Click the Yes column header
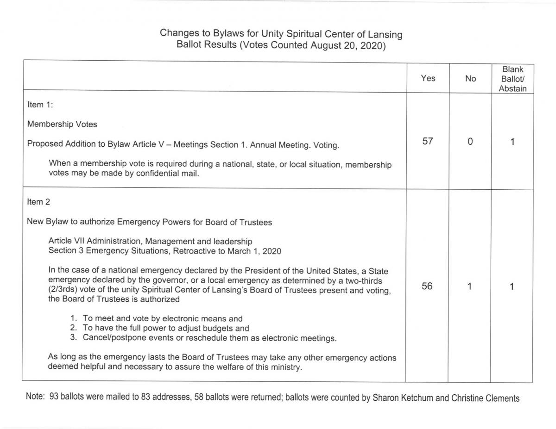(x=428, y=78)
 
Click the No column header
(x=470, y=79)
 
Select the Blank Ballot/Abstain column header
(x=512, y=79)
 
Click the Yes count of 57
(x=428, y=141)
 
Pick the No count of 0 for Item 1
(x=470, y=142)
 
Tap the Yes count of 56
(x=427, y=286)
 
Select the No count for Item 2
(x=469, y=287)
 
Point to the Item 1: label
(x=40, y=105)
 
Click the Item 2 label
(x=38, y=202)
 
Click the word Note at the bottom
(x=35, y=397)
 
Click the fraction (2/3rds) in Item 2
(x=64, y=290)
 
